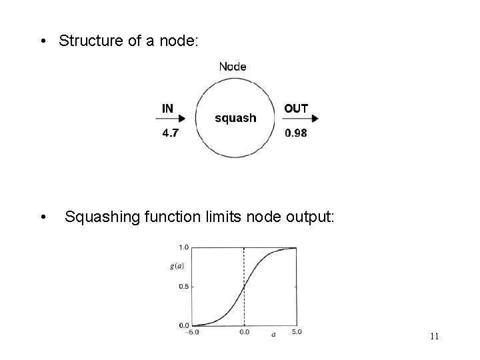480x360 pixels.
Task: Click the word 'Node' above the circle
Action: (x=233, y=66)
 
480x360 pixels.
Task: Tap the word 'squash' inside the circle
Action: (x=235, y=118)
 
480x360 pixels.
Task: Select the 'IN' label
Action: (x=168, y=107)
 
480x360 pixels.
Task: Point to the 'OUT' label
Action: (x=296, y=108)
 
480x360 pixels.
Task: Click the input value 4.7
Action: (x=170, y=133)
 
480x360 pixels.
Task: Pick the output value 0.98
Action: (x=296, y=133)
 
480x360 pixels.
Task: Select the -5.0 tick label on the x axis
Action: (x=193, y=331)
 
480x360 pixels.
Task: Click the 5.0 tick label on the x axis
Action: (x=297, y=331)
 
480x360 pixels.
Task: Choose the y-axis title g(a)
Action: (x=177, y=266)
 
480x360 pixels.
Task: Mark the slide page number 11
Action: (x=434, y=336)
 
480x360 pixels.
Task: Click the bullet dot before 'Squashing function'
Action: (x=43, y=217)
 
